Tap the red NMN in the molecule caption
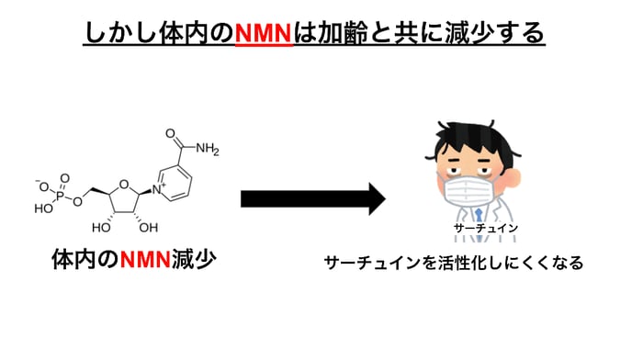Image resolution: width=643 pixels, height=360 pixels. [145, 259]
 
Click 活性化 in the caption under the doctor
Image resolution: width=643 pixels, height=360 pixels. [471, 263]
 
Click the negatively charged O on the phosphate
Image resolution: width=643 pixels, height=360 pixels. [44, 183]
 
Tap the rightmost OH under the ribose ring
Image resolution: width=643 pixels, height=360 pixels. [147, 226]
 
